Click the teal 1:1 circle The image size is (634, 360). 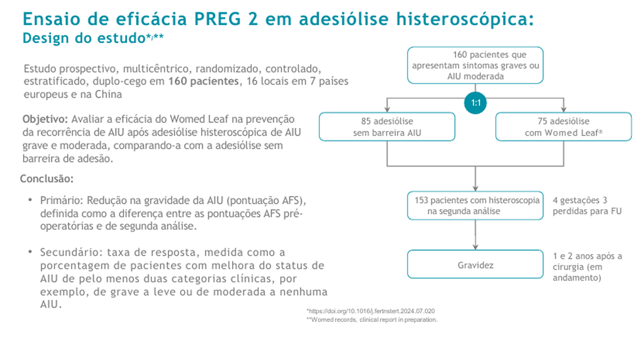(x=475, y=103)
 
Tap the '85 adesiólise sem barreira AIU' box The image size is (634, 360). (x=386, y=127)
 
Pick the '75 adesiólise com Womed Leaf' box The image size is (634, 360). (x=564, y=127)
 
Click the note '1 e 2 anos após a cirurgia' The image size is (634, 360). (x=587, y=266)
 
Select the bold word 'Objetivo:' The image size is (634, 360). (x=45, y=119)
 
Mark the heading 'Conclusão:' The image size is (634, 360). (x=47, y=179)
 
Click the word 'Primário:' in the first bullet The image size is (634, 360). (x=60, y=201)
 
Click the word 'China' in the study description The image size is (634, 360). (x=110, y=94)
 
